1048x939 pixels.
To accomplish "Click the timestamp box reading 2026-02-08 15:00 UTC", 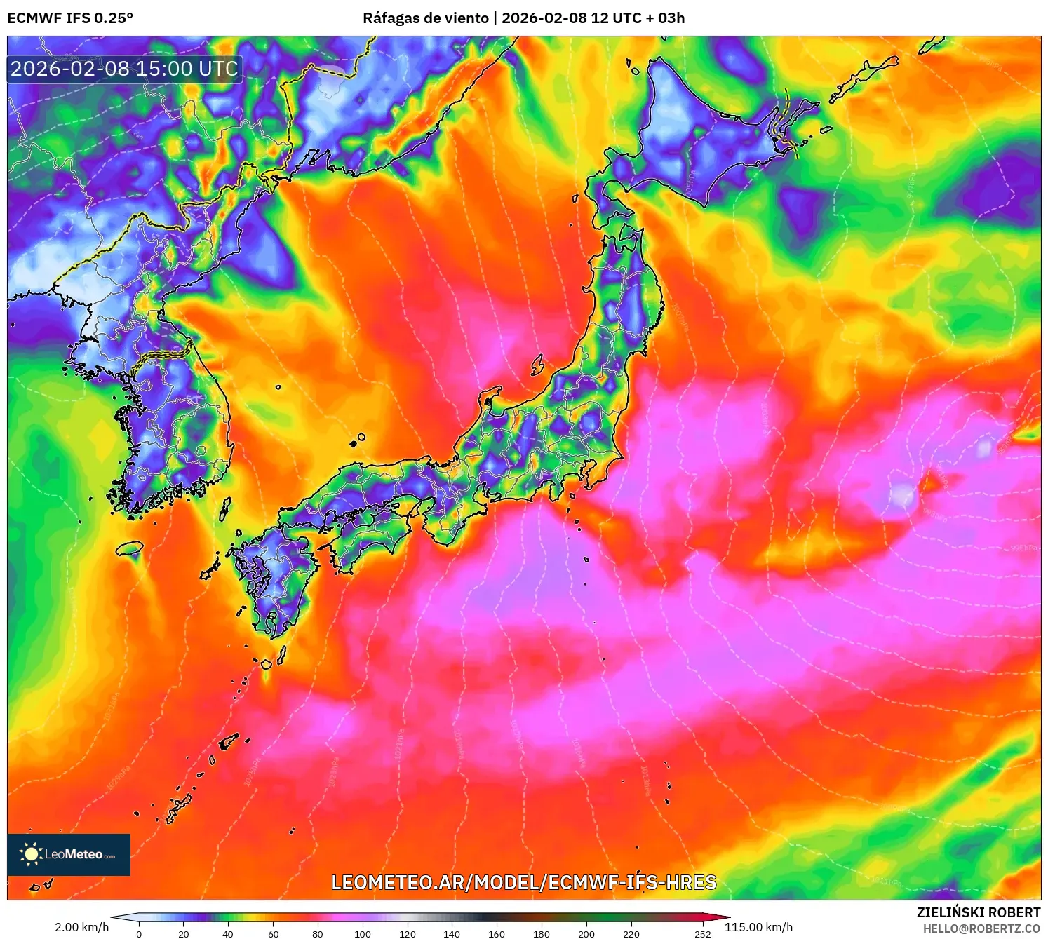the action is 125,69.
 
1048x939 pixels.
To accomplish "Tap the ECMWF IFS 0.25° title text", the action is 70,18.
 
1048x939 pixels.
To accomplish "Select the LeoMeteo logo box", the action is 69,854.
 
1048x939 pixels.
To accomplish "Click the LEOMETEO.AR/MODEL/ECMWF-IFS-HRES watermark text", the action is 523,882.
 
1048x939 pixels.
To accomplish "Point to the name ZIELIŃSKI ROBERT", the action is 978,912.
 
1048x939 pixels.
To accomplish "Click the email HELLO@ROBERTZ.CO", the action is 981,928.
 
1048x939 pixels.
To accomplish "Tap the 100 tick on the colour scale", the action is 362,933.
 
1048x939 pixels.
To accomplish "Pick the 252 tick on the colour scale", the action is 702,933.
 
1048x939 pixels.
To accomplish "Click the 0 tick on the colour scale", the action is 139,933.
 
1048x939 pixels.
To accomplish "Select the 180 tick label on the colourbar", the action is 541,933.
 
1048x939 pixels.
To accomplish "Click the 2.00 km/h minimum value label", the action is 82,927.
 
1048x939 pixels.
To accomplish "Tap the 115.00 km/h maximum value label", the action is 758,927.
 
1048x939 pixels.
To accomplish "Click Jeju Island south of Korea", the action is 130,548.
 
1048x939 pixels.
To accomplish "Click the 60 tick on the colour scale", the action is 273,933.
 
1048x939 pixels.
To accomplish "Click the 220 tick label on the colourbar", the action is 631,933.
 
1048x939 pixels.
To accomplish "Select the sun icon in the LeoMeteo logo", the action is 31,853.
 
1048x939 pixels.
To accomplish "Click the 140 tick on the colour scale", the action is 452,933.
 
